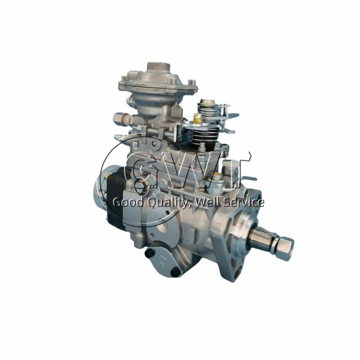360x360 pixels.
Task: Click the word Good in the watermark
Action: (x=127, y=203)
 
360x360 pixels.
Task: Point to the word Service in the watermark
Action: (x=242, y=203)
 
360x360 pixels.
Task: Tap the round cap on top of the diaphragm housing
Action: (x=158, y=67)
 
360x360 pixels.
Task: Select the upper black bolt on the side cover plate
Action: (x=149, y=253)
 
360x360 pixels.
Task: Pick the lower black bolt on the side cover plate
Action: (x=175, y=272)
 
